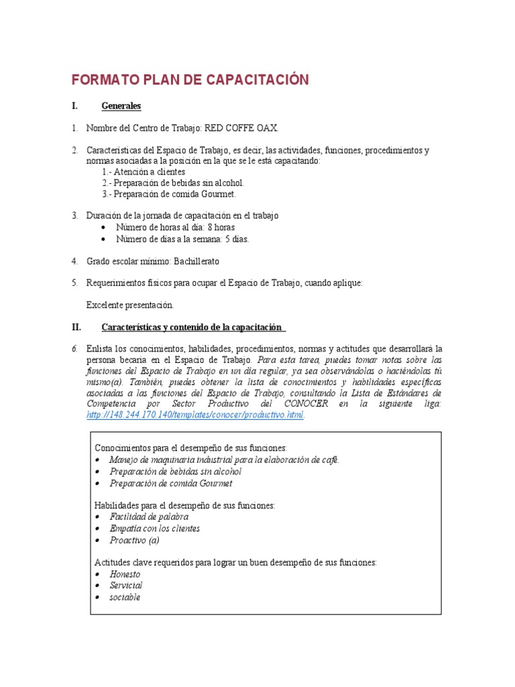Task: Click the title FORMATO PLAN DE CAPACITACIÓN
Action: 190,80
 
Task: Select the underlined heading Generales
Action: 121,106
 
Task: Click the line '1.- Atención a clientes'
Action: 144,172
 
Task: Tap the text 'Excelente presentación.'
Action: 129,305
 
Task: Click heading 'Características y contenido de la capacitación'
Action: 192,327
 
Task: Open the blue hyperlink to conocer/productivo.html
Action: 195,415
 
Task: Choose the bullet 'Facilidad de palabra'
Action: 149,517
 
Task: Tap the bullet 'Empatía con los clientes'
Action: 155,528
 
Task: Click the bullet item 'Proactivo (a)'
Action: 135,539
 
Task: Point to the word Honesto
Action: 125,574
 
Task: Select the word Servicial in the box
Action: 126,586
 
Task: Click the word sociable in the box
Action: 125,597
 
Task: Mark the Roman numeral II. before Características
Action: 76,327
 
